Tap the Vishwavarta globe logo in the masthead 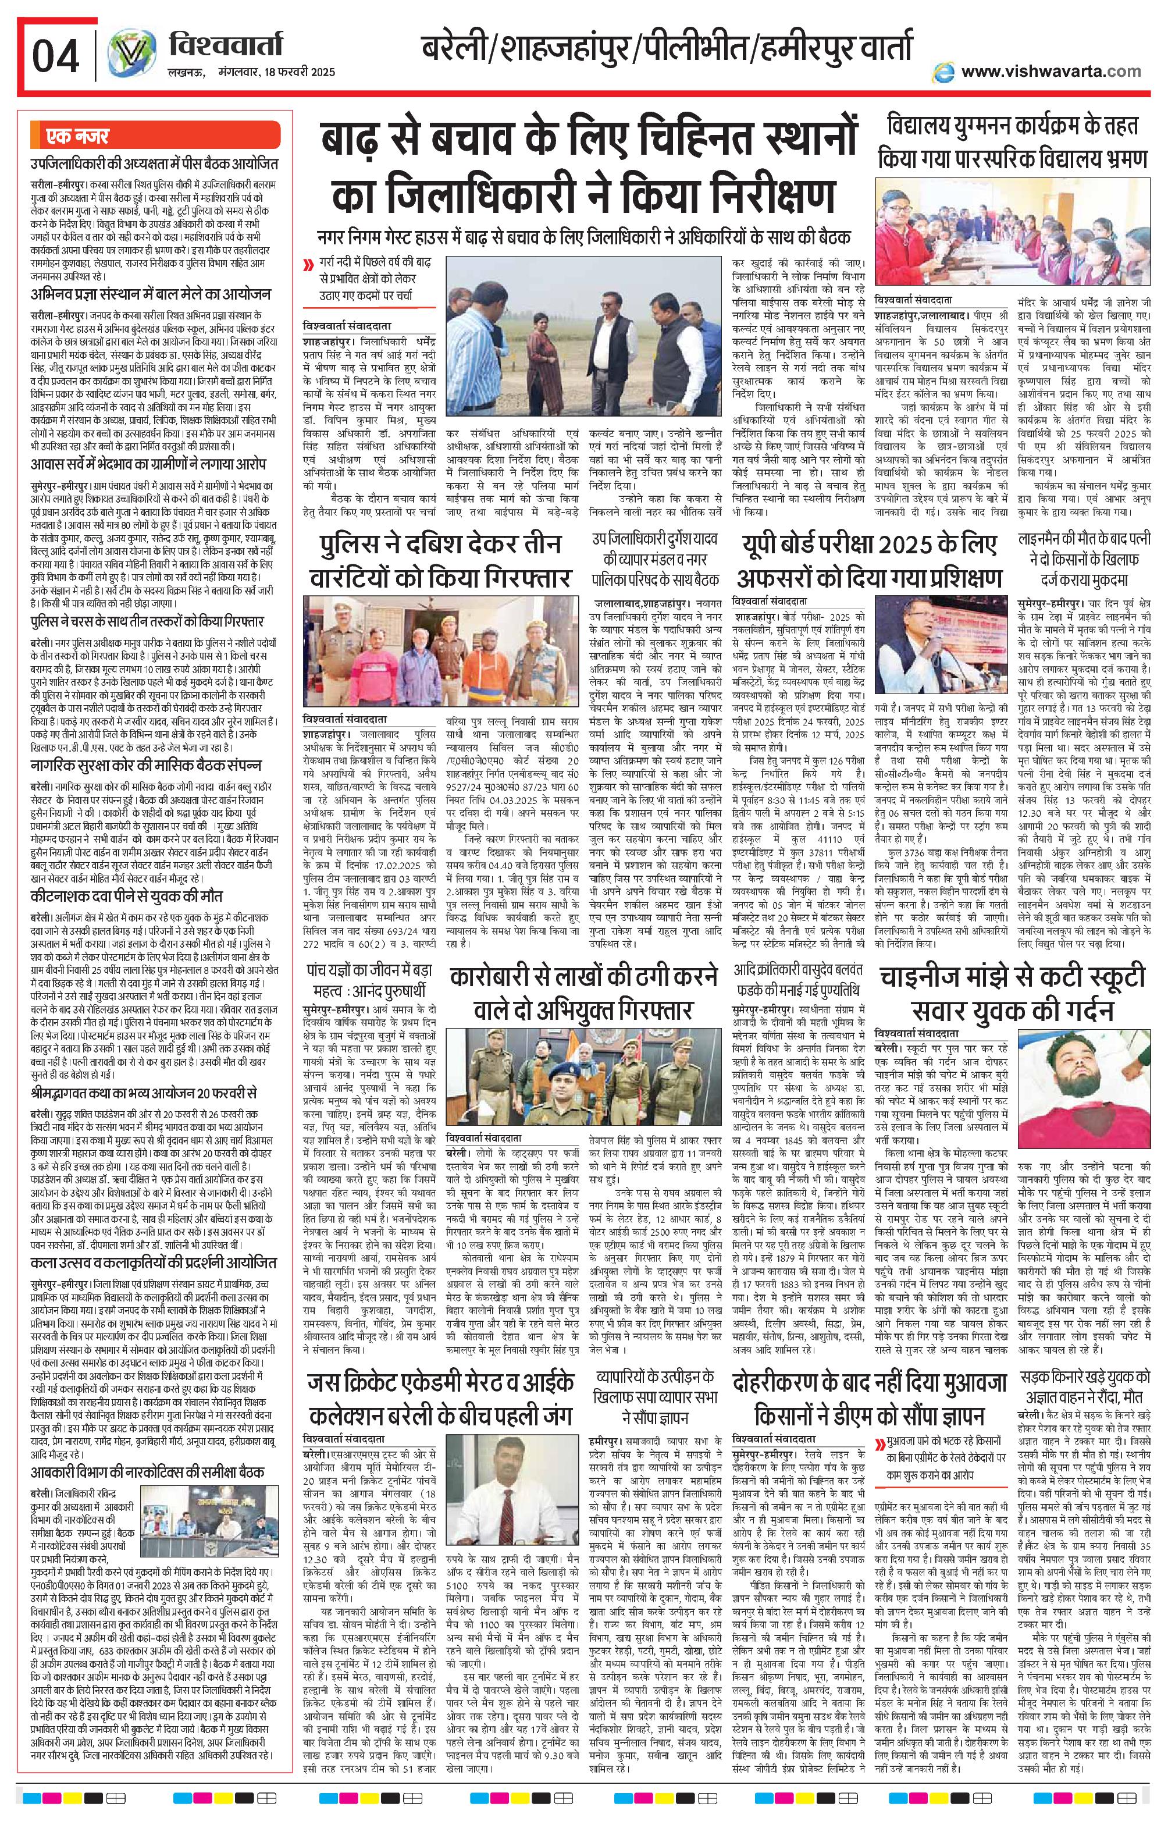click(127, 55)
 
